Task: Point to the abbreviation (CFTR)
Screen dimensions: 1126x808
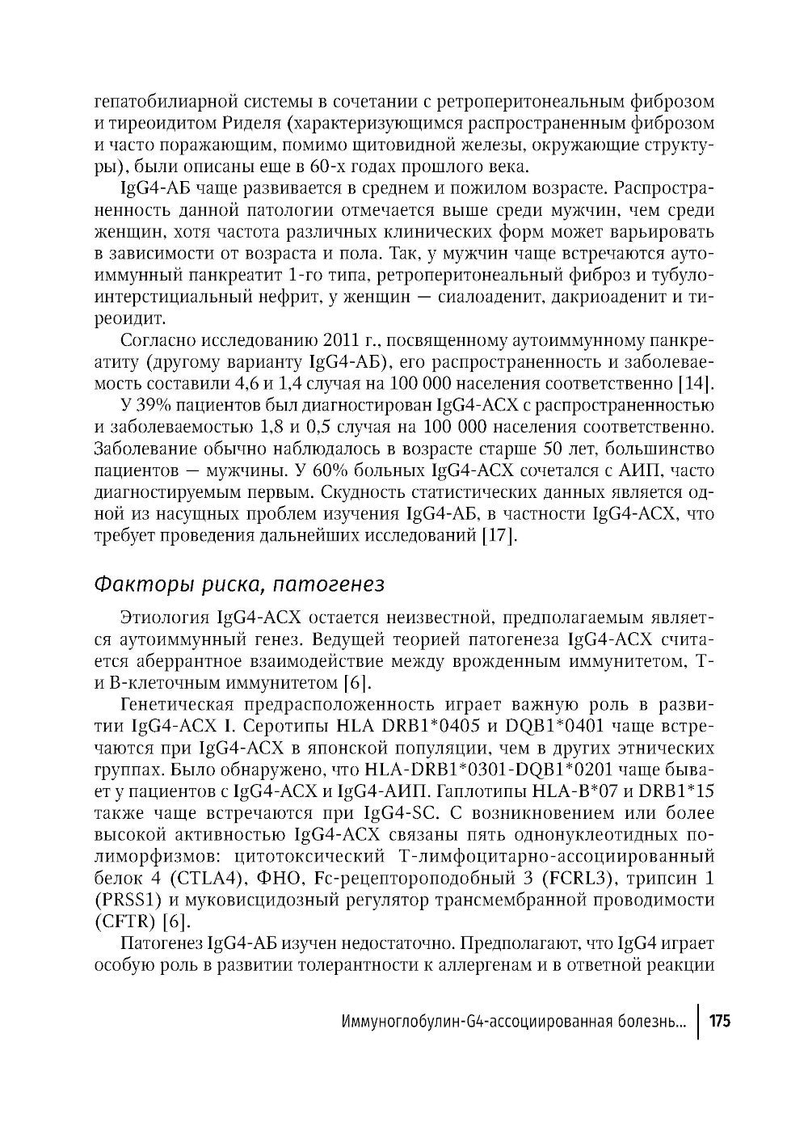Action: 125,921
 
